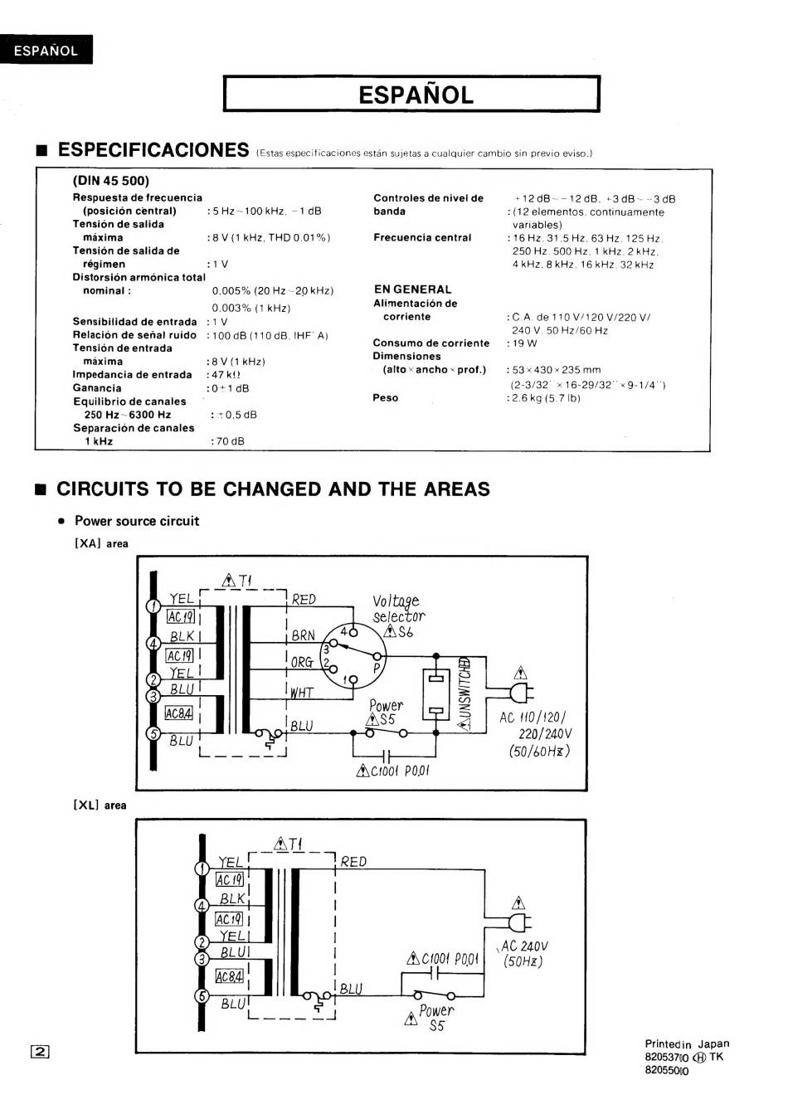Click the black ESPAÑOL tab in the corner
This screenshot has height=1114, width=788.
(x=46, y=51)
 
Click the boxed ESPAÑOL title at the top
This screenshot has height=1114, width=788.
(x=412, y=95)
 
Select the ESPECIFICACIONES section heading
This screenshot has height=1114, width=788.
(x=153, y=150)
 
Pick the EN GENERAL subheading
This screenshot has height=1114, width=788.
(x=412, y=289)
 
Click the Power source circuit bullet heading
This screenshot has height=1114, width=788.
(x=136, y=521)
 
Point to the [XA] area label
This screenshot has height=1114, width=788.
(x=101, y=544)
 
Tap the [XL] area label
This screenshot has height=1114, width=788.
(x=100, y=805)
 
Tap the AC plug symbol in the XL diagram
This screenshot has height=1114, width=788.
(x=520, y=922)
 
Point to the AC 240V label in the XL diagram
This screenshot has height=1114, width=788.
(x=524, y=946)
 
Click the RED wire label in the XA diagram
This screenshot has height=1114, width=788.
(x=304, y=599)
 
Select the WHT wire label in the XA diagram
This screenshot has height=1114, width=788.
(x=302, y=692)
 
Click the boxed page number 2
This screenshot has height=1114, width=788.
(x=41, y=1051)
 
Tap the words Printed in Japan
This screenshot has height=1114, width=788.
(x=687, y=1043)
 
